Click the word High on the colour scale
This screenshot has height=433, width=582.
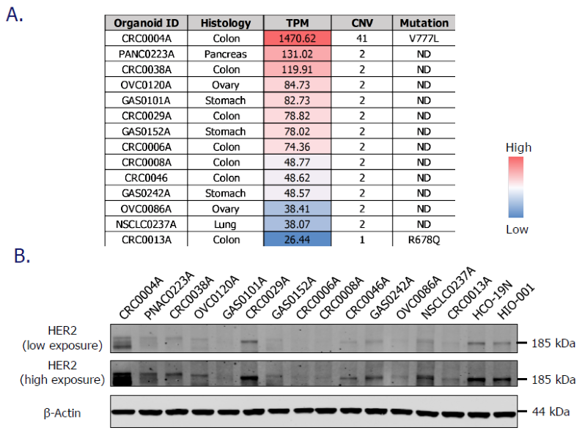(519, 148)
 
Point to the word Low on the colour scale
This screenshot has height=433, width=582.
(518, 229)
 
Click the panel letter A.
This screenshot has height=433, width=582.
(14, 15)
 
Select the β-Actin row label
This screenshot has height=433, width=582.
(60, 412)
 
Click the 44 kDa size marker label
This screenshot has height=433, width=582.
(550, 412)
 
